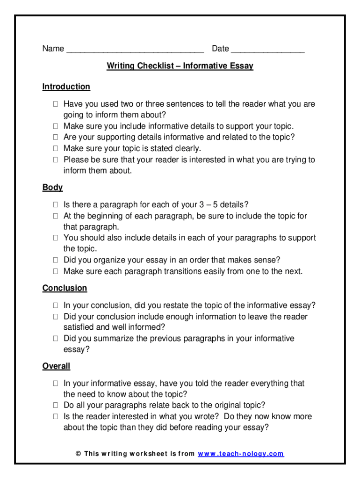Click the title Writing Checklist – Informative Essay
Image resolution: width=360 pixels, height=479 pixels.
click(180, 66)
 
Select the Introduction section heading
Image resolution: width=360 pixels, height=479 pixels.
click(66, 87)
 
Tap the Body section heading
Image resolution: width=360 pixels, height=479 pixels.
click(52, 187)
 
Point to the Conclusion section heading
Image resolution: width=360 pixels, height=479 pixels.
click(65, 288)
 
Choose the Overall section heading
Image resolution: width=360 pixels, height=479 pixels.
click(56, 366)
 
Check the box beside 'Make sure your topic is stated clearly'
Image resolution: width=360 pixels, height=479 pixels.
click(55, 149)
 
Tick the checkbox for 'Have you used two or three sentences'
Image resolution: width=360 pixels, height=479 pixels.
click(55, 104)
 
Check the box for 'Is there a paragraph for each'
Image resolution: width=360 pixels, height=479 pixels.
click(55, 205)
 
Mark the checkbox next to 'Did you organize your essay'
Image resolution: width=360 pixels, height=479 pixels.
click(55, 260)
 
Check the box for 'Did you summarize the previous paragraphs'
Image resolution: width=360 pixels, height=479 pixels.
click(55, 339)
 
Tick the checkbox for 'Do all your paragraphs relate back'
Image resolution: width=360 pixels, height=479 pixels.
click(55, 406)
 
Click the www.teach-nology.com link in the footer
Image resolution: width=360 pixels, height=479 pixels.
click(241, 454)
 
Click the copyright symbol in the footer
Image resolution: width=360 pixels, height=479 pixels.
click(78, 454)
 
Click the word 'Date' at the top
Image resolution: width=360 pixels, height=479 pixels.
click(220, 49)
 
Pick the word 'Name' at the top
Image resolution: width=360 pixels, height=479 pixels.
click(53, 49)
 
